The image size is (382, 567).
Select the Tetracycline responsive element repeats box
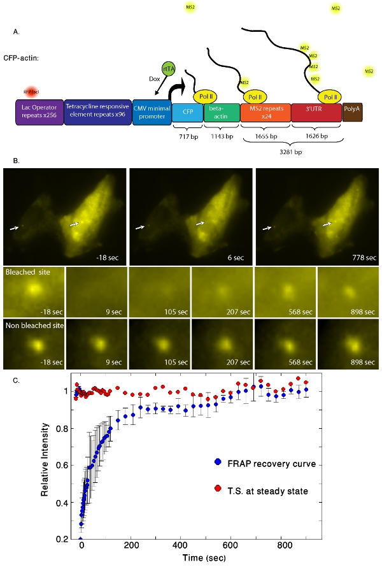click(x=97, y=111)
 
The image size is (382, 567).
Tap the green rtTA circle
click(x=169, y=68)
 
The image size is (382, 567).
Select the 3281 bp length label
click(x=293, y=153)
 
